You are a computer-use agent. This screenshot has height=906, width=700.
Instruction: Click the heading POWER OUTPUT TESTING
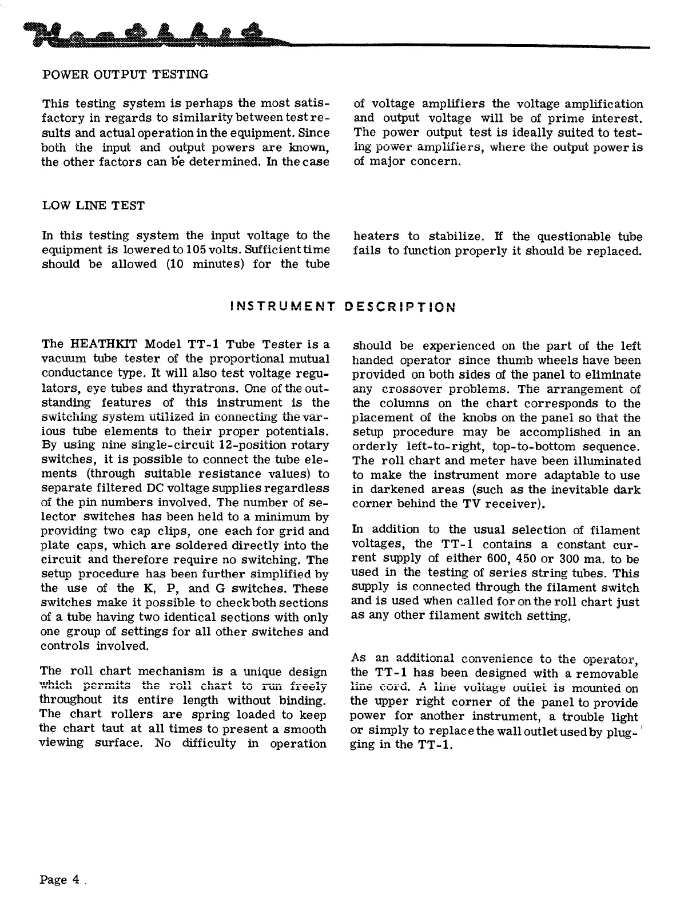tap(125, 74)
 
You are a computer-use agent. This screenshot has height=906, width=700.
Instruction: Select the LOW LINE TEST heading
tap(94, 206)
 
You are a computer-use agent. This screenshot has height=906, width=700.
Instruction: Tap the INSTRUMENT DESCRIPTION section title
tap(342, 307)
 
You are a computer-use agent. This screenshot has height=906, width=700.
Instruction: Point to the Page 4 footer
tap(60, 880)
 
